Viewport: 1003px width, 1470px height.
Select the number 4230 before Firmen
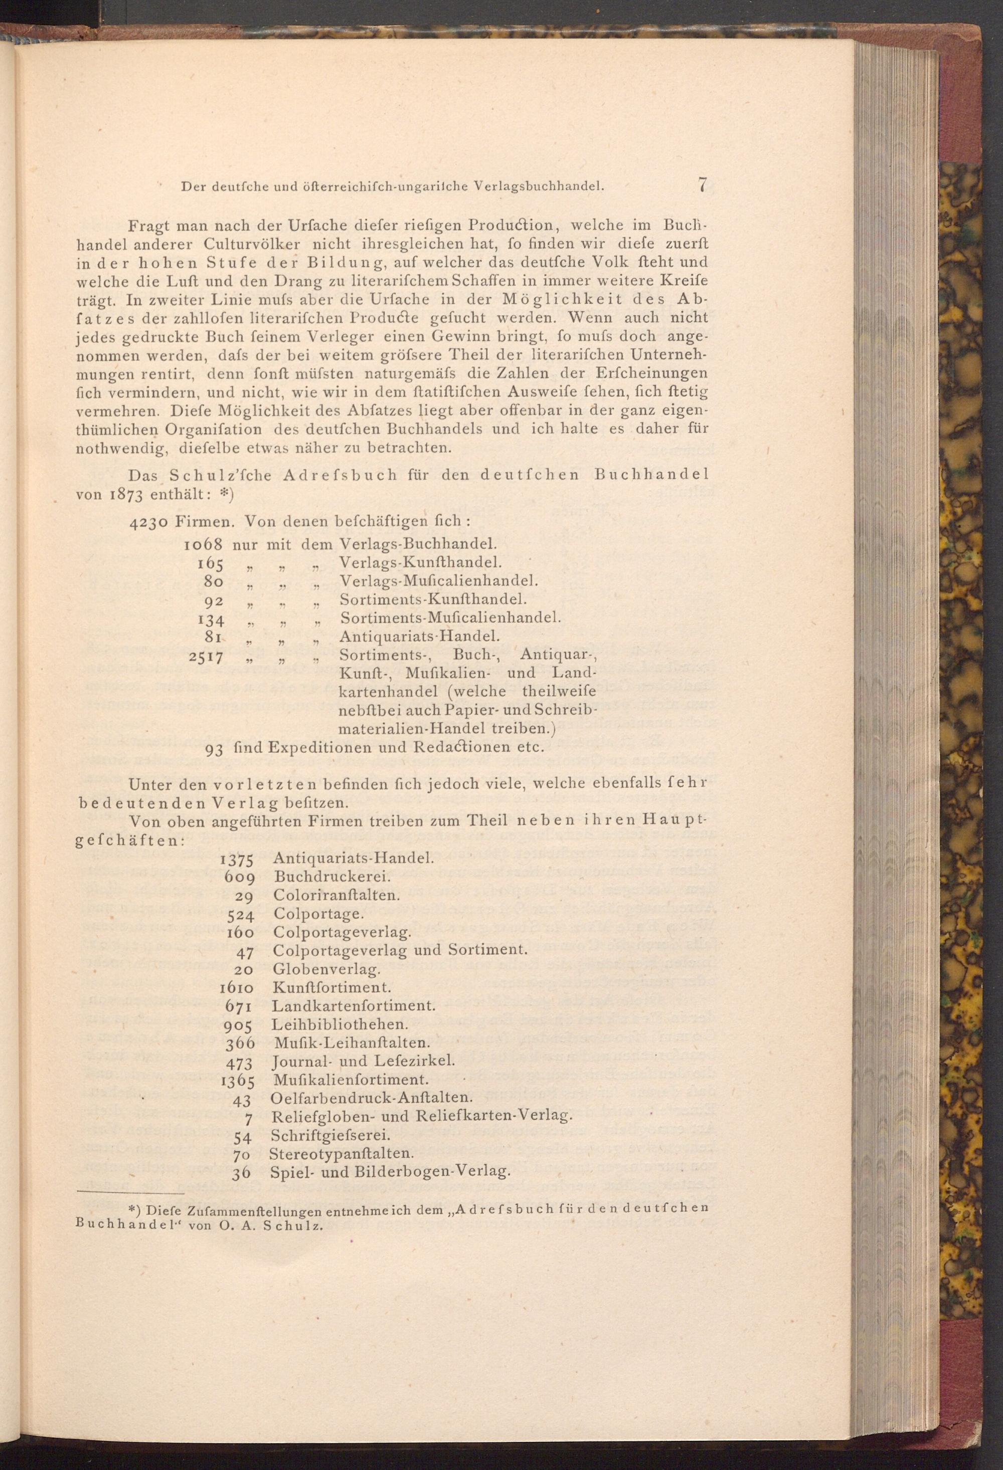148,522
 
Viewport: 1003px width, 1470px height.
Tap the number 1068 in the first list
204,544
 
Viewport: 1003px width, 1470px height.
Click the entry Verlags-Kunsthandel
421,562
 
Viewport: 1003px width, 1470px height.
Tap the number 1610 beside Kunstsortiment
237,987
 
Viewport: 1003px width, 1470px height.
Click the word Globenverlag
326,968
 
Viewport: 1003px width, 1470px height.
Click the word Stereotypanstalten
342,1153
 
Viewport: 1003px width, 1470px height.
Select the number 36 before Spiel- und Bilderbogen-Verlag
242,1172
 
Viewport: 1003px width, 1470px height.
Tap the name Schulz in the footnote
296,1225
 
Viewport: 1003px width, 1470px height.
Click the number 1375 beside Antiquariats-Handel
237,859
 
